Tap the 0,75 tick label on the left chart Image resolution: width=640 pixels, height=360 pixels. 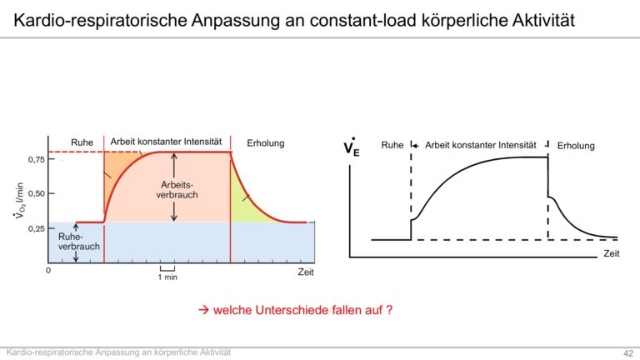click(x=37, y=160)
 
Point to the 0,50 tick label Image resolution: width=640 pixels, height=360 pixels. click(x=37, y=193)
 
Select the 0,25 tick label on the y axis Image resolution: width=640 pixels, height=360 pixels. click(x=37, y=228)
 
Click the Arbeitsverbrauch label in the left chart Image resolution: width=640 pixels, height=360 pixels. click(x=177, y=190)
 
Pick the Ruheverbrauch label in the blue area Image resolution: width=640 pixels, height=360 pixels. click(x=79, y=242)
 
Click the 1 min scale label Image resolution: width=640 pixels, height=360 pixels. click(x=167, y=277)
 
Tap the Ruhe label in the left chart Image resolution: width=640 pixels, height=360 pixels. click(x=82, y=142)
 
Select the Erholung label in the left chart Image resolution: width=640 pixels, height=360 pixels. click(x=265, y=143)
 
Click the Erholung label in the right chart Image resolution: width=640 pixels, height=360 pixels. click(x=576, y=146)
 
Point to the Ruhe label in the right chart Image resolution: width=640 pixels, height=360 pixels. click(x=392, y=145)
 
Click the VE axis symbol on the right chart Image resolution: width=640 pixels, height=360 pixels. click(x=352, y=147)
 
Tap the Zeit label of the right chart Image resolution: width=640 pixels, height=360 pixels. click(x=612, y=253)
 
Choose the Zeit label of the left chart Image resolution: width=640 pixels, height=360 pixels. click(x=306, y=272)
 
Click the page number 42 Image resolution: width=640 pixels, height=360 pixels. click(x=628, y=353)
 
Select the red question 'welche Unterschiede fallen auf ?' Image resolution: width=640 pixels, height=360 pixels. click(x=302, y=310)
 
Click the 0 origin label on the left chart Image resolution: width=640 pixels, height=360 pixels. click(x=48, y=271)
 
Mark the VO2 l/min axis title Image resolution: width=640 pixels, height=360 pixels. click(x=20, y=200)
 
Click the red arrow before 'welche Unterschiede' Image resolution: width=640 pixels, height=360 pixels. click(x=203, y=310)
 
